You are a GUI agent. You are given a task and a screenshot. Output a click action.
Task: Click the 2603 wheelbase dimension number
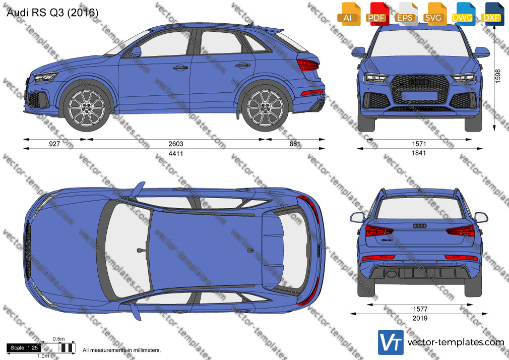click(175, 144)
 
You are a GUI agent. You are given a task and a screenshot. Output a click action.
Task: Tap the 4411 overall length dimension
click(175, 153)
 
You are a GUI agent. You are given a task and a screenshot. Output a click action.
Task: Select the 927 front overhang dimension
click(54, 144)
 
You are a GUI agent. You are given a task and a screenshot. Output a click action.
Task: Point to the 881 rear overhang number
click(295, 144)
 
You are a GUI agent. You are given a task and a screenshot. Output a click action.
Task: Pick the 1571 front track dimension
click(419, 144)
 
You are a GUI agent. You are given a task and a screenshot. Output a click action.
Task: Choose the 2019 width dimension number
click(420, 318)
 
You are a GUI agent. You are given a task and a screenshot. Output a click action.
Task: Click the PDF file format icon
click(377, 14)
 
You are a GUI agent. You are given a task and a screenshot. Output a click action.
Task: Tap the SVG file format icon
click(433, 14)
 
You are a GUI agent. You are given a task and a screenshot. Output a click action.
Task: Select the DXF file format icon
click(492, 14)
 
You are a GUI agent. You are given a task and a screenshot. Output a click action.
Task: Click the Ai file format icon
click(349, 14)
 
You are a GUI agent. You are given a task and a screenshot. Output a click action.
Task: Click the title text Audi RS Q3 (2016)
click(52, 12)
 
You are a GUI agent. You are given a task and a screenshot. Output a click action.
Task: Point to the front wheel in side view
click(87, 107)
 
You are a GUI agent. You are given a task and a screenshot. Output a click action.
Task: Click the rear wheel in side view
click(265, 107)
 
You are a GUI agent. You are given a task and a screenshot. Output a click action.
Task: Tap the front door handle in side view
click(180, 68)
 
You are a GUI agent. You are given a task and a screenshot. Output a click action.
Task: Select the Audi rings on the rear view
click(420, 225)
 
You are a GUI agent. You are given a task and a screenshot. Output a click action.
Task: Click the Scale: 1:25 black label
click(24, 348)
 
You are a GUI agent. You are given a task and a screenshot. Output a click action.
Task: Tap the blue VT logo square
click(391, 342)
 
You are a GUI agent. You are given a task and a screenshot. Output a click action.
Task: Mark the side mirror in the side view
click(136, 51)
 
